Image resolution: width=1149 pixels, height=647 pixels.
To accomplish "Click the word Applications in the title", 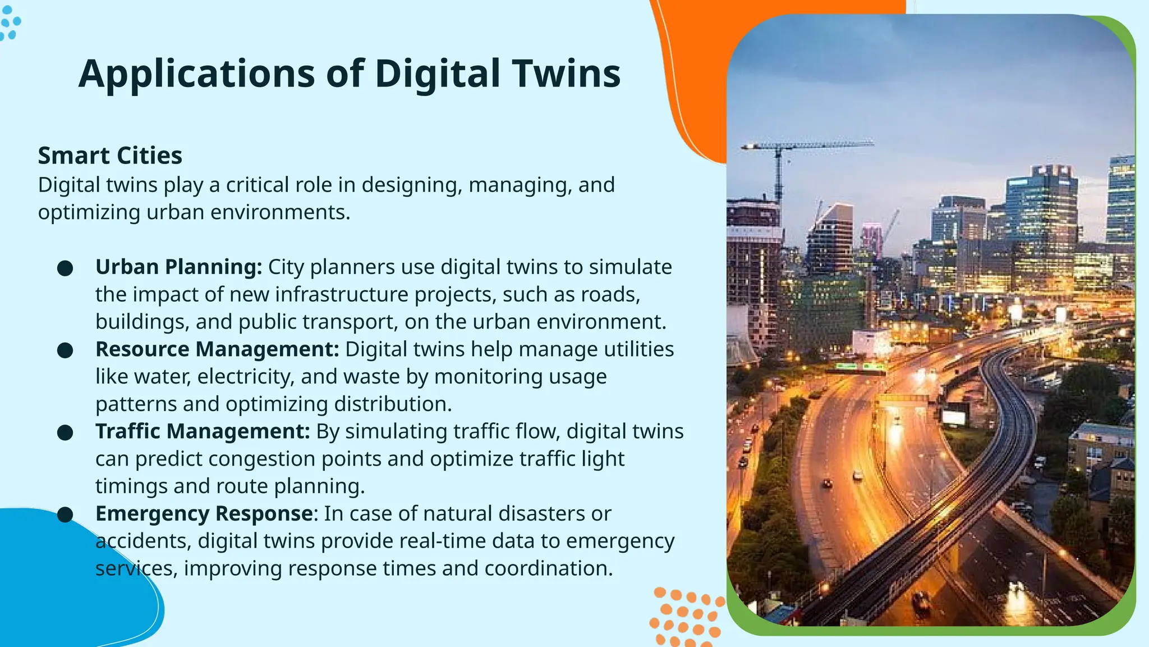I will (196, 74).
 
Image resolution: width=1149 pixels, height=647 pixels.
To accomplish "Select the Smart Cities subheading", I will (110, 156).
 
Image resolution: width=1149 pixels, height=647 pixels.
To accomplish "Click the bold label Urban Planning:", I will (178, 267).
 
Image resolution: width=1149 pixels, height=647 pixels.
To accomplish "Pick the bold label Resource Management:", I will (217, 349).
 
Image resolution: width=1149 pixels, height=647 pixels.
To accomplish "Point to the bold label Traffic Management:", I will (203, 431).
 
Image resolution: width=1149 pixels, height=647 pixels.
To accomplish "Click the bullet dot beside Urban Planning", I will (65, 268).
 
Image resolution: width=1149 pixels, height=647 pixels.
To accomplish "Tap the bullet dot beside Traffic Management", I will (65, 432).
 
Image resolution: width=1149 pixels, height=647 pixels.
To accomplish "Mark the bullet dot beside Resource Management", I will (65, 350).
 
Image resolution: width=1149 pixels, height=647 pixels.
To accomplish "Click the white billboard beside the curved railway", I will (953, 416).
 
